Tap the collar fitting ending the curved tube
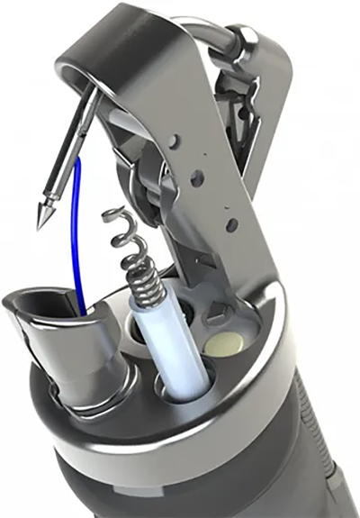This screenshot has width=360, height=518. [x=245, y=40]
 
